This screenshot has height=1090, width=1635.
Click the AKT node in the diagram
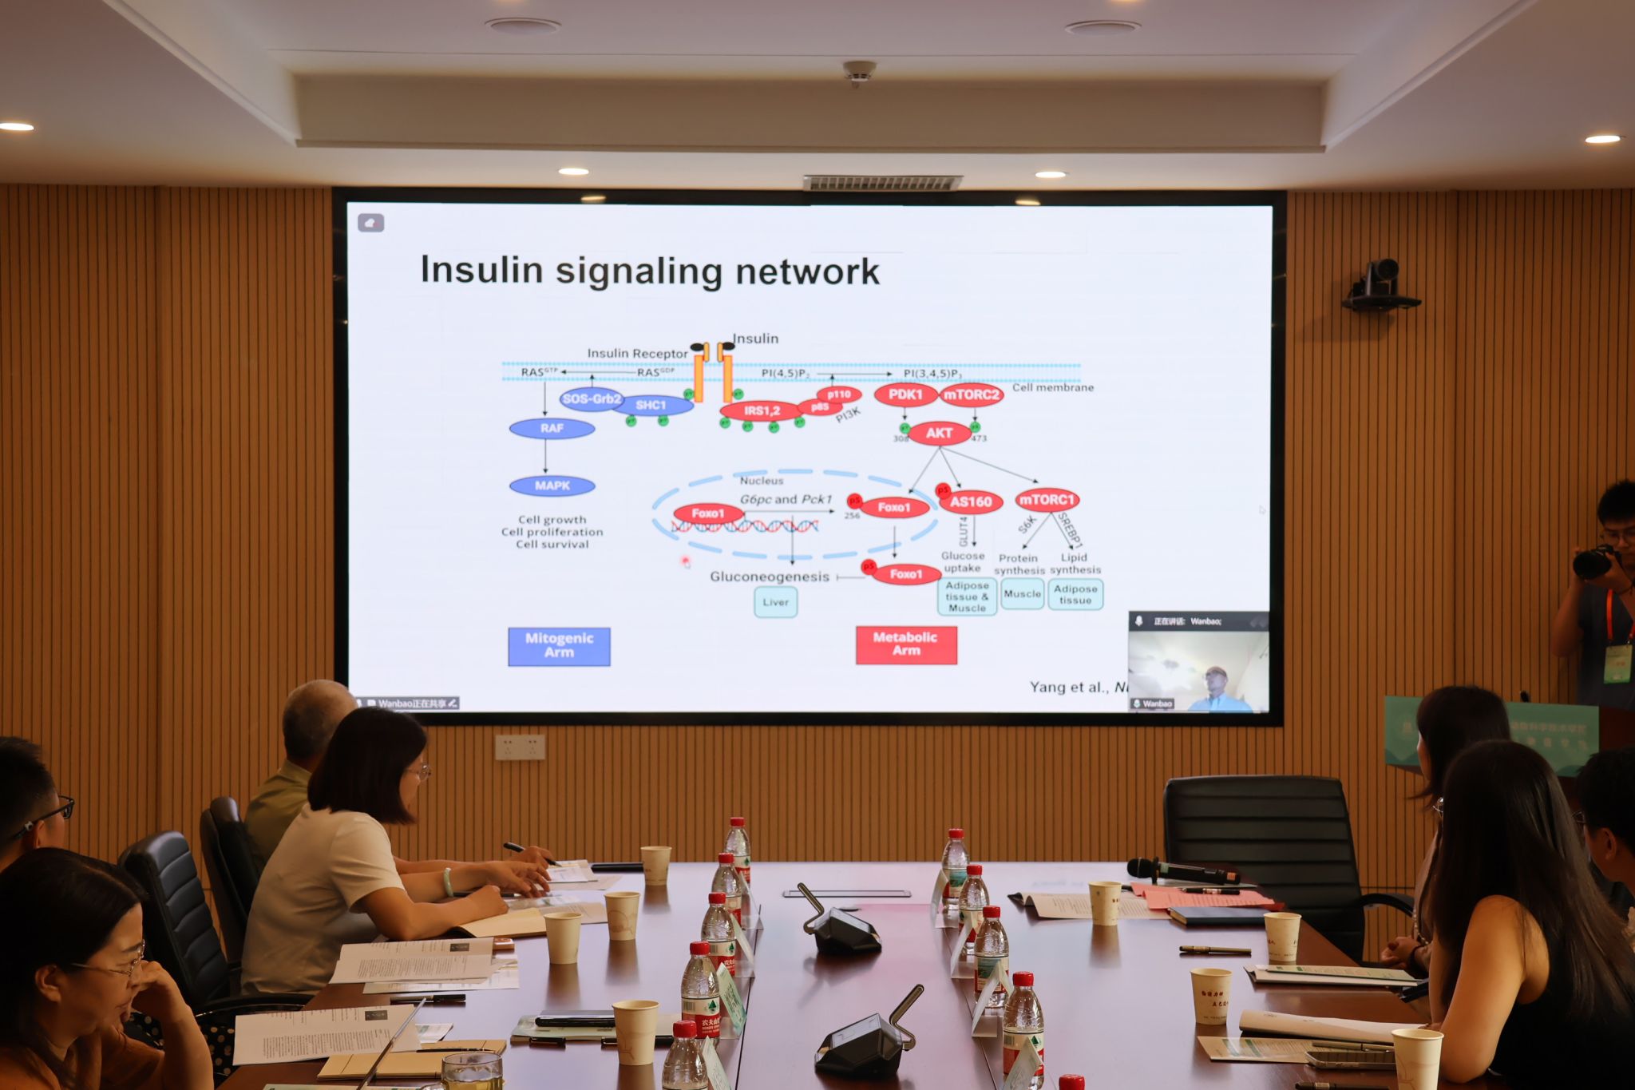pyautogui.click(x=939, y=434)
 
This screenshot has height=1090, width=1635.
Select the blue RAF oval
pyautogui.click(x=552, y=429)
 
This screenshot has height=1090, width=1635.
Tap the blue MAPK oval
pyautogui.click(x=552, y=486)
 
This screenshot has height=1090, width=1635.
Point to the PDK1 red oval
pyautogui.click(x=905, y=394)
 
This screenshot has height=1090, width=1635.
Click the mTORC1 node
pyautogui.click(x=1047, y=500)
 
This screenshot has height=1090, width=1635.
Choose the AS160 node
pyautogui.click(x=971, y=501)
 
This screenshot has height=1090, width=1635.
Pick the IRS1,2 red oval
pyautogui.click(x=761, y=411)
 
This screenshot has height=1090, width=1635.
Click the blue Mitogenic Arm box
pyautogui.click(x=559, y=645)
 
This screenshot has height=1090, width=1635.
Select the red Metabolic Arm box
pyautogui.click(x=906, y=644)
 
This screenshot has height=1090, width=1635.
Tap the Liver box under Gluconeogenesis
pyautogui.click(x=775, y=602)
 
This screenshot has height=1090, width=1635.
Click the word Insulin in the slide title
pyautogui.click(x=481, y=270)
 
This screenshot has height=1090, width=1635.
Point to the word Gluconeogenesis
pyautogui.click(x=770, y=577)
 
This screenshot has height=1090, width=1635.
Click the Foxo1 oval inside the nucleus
pyautogui.click(x=708, y=513)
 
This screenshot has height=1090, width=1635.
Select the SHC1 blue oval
pyautogui.click(x=651, y=405)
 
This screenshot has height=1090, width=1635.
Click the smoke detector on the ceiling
pyautogui.click(x=859, y=73)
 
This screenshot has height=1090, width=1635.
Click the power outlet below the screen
pyautogui.click(x=520, y=747)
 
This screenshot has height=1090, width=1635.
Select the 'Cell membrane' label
pyautogui.click(x=1053, y=387)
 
